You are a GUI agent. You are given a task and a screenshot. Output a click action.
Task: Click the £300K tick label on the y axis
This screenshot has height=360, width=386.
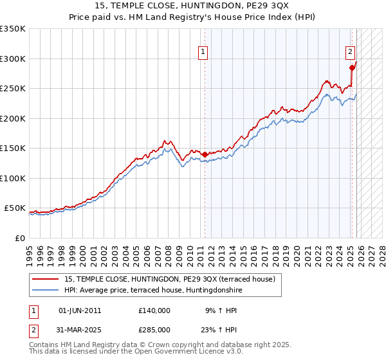[13, 59]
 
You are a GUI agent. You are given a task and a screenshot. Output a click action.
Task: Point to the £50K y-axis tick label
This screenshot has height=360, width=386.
[15, 208]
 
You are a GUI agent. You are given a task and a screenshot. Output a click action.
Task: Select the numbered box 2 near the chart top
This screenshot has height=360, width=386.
[350, 53]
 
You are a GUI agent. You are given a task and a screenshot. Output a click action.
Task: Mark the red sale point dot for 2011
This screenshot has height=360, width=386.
[205, 154]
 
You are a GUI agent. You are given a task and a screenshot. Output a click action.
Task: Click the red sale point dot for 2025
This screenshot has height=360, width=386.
[352, 67]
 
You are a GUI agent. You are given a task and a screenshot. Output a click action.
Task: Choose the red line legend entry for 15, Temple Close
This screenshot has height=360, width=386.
[170, 278]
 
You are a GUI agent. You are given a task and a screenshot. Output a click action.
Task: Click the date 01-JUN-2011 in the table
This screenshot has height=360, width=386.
[80, 310]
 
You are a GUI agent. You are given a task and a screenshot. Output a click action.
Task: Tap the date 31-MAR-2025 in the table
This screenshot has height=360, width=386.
[80, 330]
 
